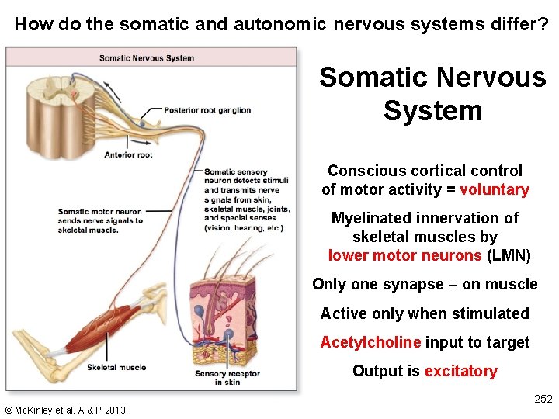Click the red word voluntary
tap(494, 190)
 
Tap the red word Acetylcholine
tap(370, 342)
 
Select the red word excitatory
tap(460, 371)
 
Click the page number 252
tap(543, 399)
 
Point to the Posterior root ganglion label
tap(207, 110)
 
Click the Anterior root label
tap(128, 154)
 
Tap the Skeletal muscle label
tap(116, 367)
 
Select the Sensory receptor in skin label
tap(227, 378)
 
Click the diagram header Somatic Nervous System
tap(147, 57)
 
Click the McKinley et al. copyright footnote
tap(65, 410)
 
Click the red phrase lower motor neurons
tap(404, 255)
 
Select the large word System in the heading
tap(432, 110)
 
